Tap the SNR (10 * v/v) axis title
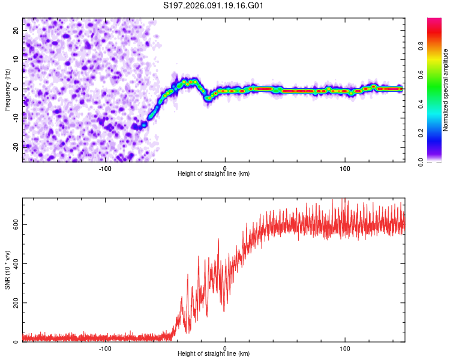tap(7, 270)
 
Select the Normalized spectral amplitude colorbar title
tap(446, 90)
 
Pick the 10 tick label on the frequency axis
tap(16, 59)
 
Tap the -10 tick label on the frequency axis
tap(16, 118)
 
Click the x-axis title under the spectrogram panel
tap(214, 174)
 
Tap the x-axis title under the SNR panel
tap(214, 355)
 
